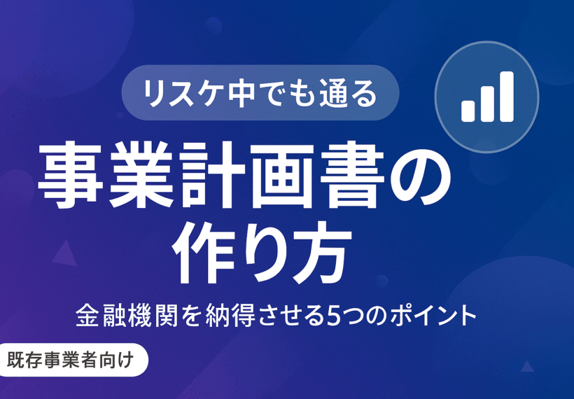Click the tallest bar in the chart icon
point(507,97)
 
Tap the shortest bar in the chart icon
point(468,111)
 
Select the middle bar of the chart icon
point(488,104)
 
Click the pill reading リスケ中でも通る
point(260,92)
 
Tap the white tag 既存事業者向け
point(74,360)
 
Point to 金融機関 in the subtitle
point(127,316)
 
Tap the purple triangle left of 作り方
point(65,254)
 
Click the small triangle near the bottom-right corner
point(527,367)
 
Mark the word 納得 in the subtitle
point(230,316)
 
